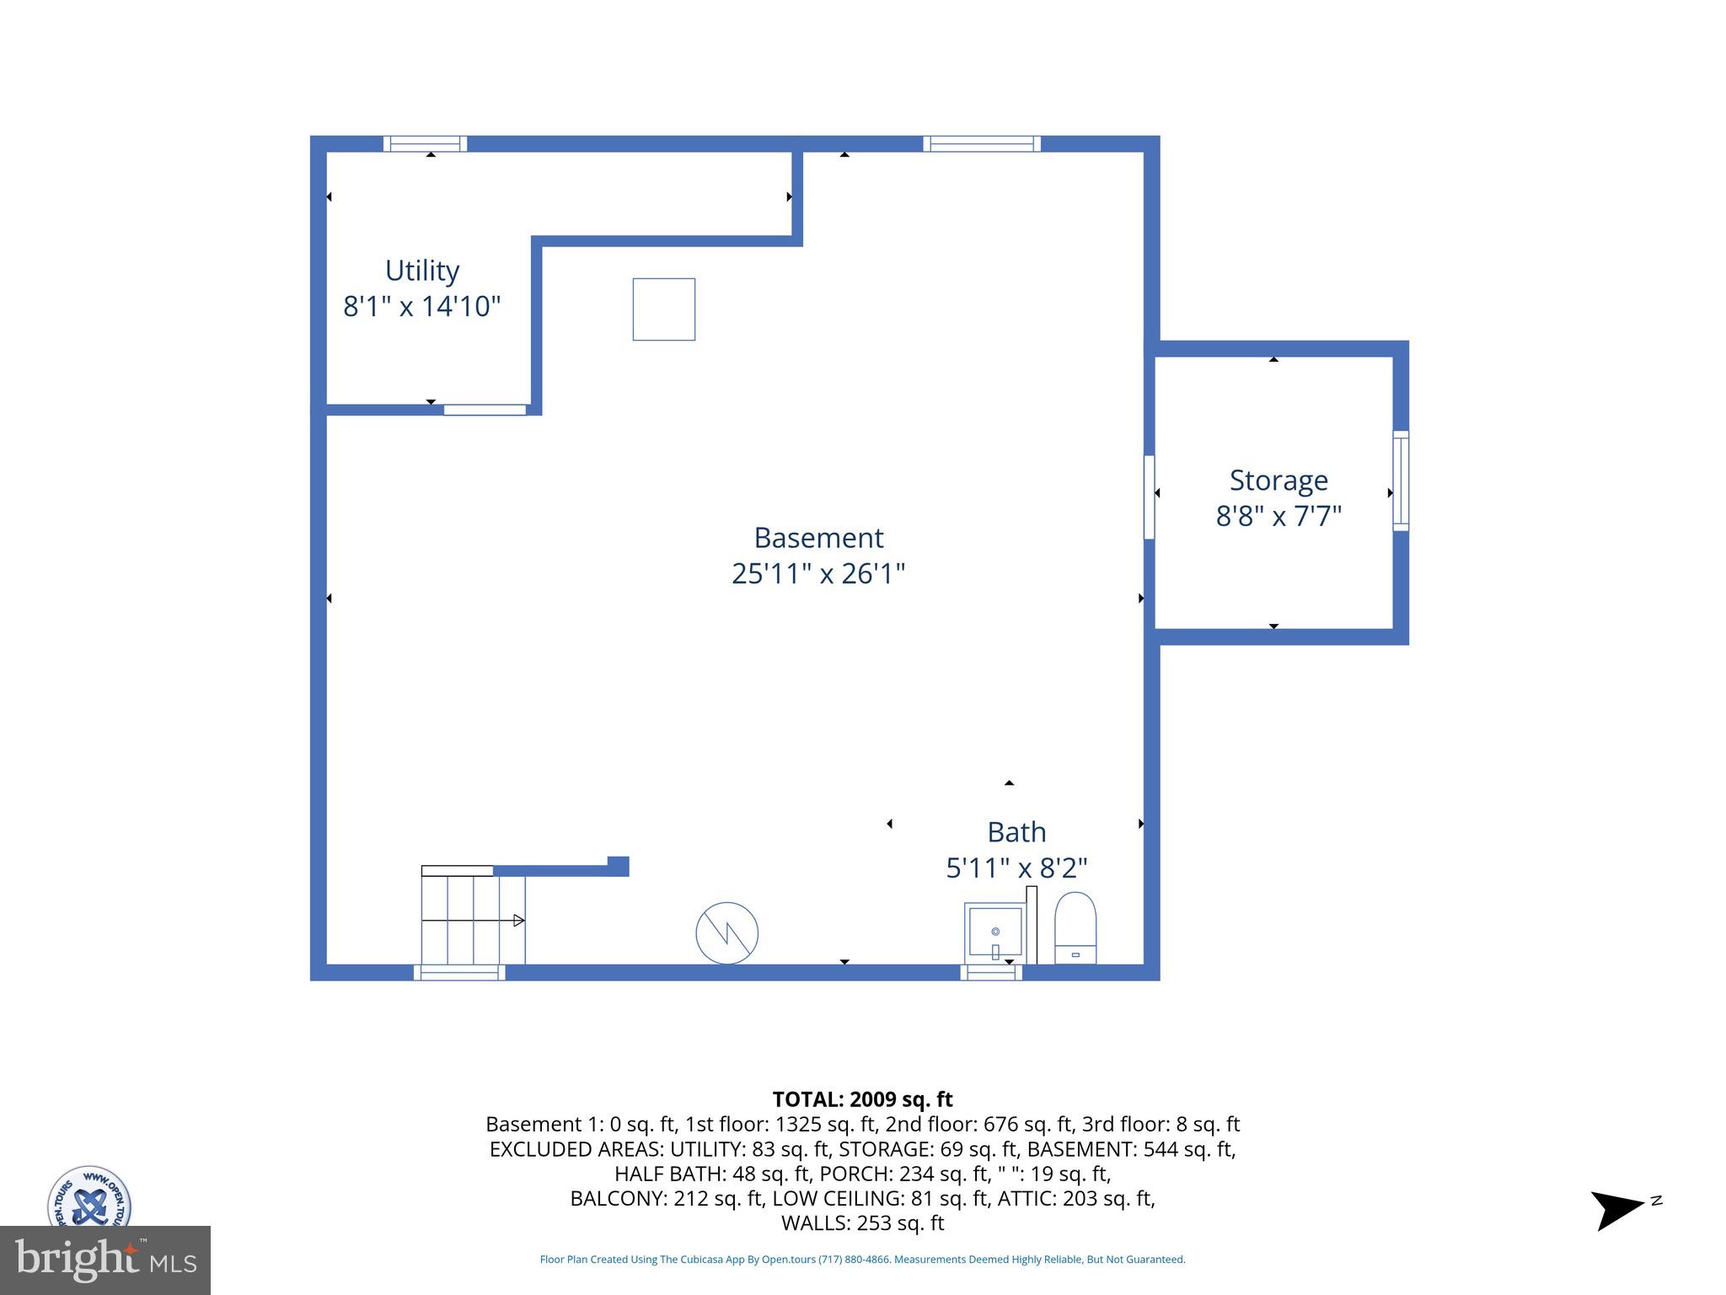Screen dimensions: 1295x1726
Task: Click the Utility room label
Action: [421, 271]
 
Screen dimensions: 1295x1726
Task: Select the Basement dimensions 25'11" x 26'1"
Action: [817, 573]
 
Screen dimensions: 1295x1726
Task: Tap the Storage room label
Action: [1278, 480]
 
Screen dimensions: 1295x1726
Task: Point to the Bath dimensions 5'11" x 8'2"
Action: [1016, 867]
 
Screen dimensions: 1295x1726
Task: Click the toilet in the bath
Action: [1075, 928]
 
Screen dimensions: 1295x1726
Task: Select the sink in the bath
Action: [994, 932]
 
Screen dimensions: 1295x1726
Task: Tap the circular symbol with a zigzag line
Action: [726, 933]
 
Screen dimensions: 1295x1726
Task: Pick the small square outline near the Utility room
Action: [664, 309]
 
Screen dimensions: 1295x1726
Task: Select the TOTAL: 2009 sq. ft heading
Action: [862, 1099]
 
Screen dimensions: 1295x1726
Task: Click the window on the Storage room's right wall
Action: [1401, 481]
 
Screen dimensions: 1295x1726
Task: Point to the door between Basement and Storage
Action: [1149, 497]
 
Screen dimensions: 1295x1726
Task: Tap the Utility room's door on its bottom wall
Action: [485, 410]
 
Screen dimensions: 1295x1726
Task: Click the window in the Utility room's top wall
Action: [426, 143]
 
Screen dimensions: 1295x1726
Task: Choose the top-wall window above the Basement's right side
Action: [982, 143]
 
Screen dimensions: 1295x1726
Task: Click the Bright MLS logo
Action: [105, 1260]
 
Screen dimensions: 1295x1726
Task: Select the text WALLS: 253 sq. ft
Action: [862, 1222]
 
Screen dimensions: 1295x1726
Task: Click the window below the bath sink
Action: [991, 972]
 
